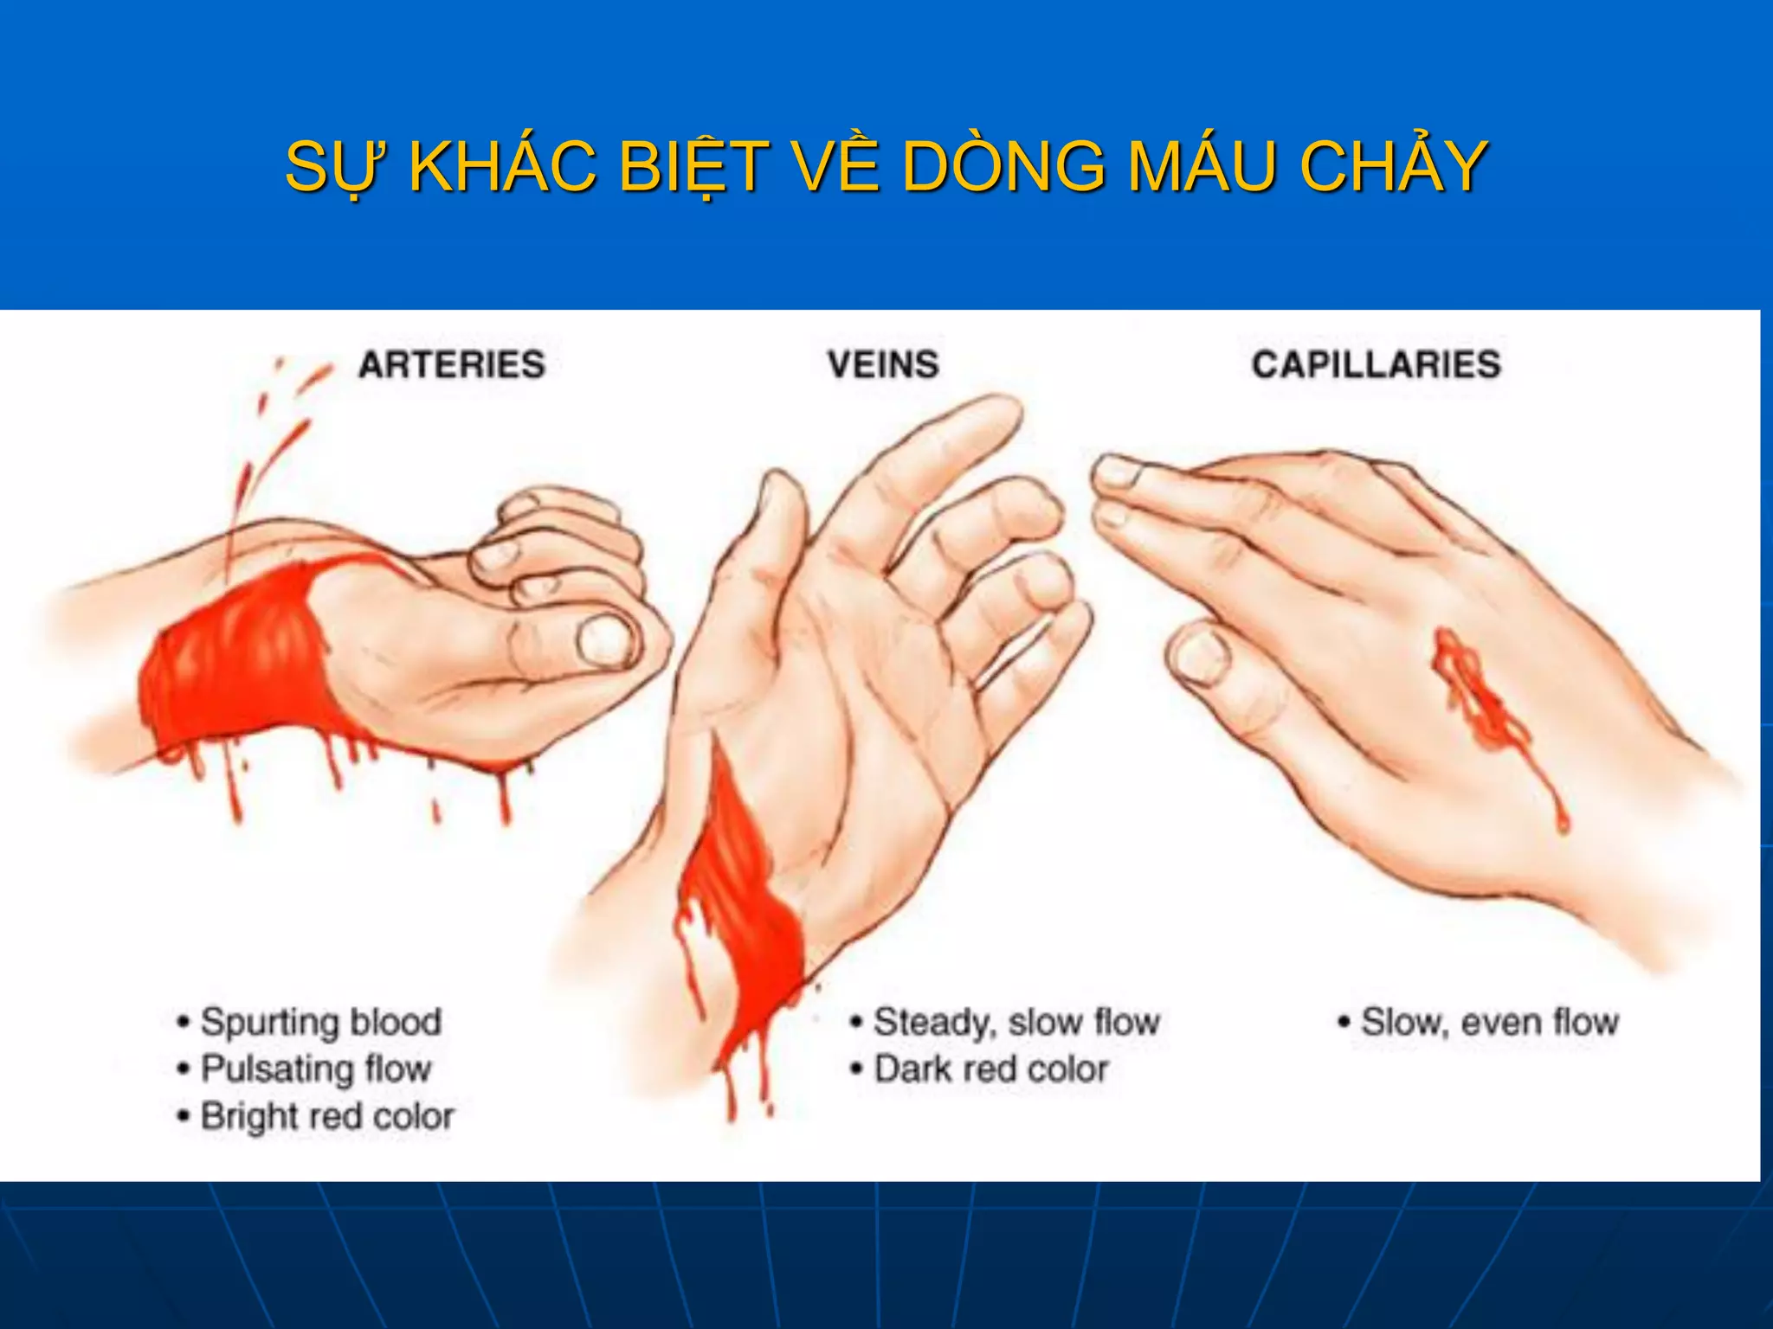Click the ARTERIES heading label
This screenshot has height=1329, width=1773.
[452, 364]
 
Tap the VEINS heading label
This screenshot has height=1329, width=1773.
[882, 364]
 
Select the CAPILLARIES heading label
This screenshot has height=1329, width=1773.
[1376, 364]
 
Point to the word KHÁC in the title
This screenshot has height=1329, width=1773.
[502, 166]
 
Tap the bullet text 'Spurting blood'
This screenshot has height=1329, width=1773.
[320, 1022]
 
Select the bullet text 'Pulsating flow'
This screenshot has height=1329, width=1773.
[315, 1069]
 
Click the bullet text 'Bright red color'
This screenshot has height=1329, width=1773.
[327, 1116]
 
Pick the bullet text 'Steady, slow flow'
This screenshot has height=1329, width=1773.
[1015, 1022]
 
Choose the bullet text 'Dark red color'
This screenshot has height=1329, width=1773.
[990, 1069]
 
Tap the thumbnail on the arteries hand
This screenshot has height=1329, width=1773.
[607, 640]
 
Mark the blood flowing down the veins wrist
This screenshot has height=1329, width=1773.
[736, 908]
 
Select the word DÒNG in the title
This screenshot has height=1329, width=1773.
[1004, 166]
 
